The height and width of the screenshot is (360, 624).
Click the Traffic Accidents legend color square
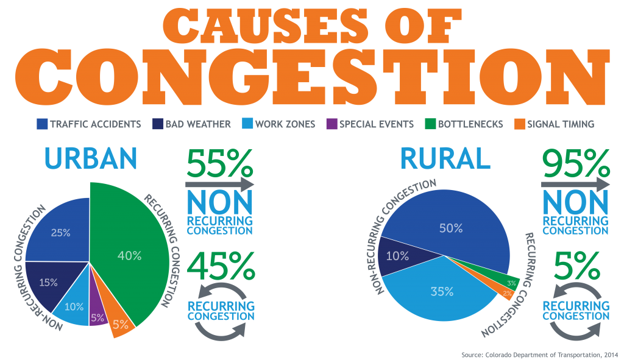41,124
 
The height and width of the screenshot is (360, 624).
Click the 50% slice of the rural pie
451,228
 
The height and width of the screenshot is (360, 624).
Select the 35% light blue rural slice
442,291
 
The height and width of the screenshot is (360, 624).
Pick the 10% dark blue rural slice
398,256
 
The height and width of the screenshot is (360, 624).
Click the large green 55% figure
219,163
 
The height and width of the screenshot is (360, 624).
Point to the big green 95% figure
575,163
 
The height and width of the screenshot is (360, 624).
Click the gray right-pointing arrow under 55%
219,183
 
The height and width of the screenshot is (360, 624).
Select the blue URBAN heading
91,158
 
